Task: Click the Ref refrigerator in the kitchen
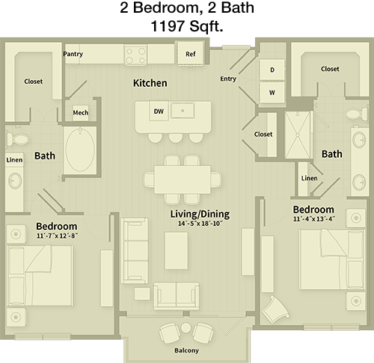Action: (191, 54)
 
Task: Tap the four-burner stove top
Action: (136, 55)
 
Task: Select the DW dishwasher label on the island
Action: (159, 112)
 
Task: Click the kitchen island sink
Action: (183, 111)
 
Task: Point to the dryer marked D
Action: (272, 70)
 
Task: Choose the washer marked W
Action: (272, 93)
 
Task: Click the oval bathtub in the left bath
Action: (80, 150)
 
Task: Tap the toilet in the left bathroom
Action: (17, 138)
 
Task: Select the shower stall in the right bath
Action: (298, 135)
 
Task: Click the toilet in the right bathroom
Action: (357, 115)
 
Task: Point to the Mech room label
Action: (81, 112)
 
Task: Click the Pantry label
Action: (73, 54)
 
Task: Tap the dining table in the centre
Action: (183, 180)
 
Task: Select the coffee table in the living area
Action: (177, 251)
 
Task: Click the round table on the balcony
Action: (186, 327)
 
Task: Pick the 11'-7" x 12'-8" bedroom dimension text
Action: (57, 236)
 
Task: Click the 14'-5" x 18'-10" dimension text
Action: (200, 223)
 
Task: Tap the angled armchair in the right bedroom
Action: (275, 309)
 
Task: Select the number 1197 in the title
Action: (168, 26)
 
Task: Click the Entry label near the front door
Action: (228, 79)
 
